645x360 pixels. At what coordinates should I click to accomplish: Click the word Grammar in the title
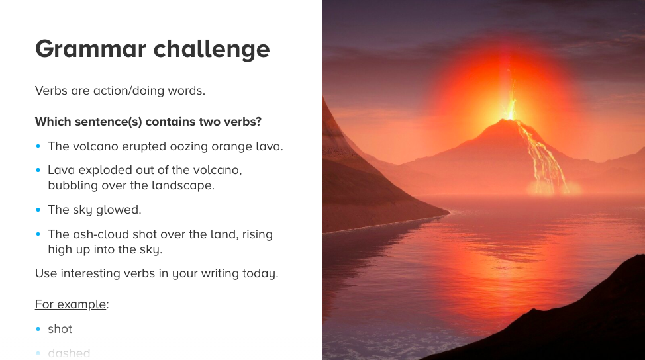click(x=91, y=50)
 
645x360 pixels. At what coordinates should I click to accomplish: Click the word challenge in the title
click(x=211, y=48)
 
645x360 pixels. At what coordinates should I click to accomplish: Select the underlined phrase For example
click(x=70, y=304)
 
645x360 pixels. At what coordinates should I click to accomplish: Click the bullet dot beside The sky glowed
click(x=38, y=210)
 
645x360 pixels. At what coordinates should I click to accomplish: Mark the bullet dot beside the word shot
click(x=38, y=329)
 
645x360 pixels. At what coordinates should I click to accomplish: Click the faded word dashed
click(x=69, y=353)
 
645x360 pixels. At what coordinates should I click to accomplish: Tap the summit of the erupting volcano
click(x=509, y=120)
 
